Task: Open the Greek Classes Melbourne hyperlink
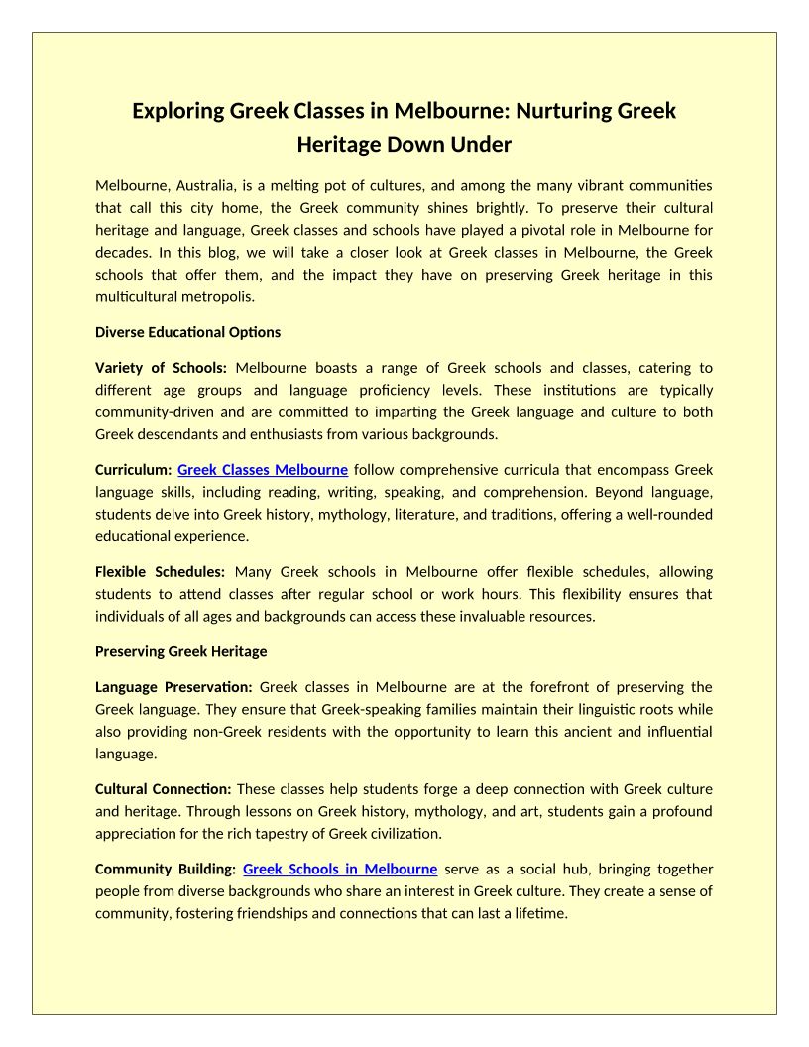[263, 470]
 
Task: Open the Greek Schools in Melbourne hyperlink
[340, 870]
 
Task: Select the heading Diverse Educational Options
[187, 332]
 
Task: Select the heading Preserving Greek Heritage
[180, 652]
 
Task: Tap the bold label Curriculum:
[134, 470]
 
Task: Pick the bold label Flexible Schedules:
[160, 572]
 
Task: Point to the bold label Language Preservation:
[173, 687]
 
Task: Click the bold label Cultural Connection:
[163, 789]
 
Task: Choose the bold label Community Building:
[165, 870]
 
